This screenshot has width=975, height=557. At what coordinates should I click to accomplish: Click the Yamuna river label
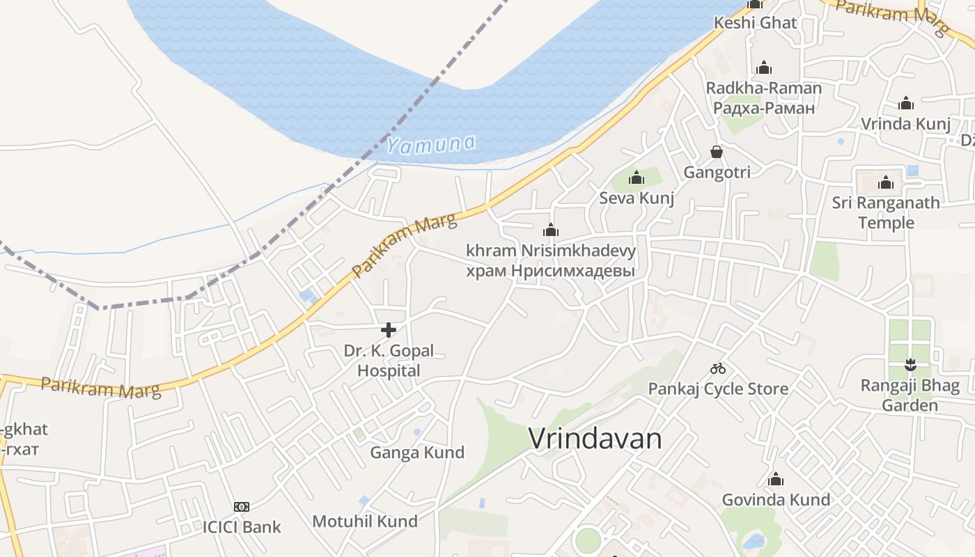(431, 145)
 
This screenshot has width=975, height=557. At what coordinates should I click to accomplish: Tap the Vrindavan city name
(595, 439)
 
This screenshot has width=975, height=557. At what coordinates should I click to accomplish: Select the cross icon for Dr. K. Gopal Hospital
(389, 330)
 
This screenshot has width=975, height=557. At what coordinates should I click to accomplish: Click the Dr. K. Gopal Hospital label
(389, 361)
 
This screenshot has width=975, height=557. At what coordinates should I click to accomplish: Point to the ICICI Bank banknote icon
(242, 507)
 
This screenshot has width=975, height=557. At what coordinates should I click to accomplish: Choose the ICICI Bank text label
(242, 527)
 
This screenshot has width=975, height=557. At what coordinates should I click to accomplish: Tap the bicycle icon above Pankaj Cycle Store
(718, 368)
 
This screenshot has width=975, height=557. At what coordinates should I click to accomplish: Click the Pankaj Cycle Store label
(718, 389)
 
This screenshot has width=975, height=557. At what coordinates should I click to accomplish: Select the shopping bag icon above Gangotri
(716, 152)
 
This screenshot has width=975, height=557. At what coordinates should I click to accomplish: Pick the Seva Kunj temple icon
(637, 178)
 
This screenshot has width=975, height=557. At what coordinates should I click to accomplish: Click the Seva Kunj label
(637, 198)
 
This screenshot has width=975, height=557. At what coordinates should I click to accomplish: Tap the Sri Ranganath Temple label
(886, 212)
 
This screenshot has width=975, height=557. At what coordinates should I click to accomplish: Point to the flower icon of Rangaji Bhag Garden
(910, 364)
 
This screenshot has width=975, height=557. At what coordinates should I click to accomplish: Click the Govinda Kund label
(776, 500)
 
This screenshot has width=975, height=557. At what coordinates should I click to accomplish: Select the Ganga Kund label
(417, 453)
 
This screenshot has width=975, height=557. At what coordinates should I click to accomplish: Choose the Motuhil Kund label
(365, 521)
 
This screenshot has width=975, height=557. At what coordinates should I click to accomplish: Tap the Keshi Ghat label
(755, 22)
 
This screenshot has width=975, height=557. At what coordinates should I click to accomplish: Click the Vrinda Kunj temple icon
(905, 104)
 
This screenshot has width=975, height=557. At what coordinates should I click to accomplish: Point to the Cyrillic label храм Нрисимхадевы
(550, 271)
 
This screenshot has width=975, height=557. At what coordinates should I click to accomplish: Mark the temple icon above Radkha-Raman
(764, 68)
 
